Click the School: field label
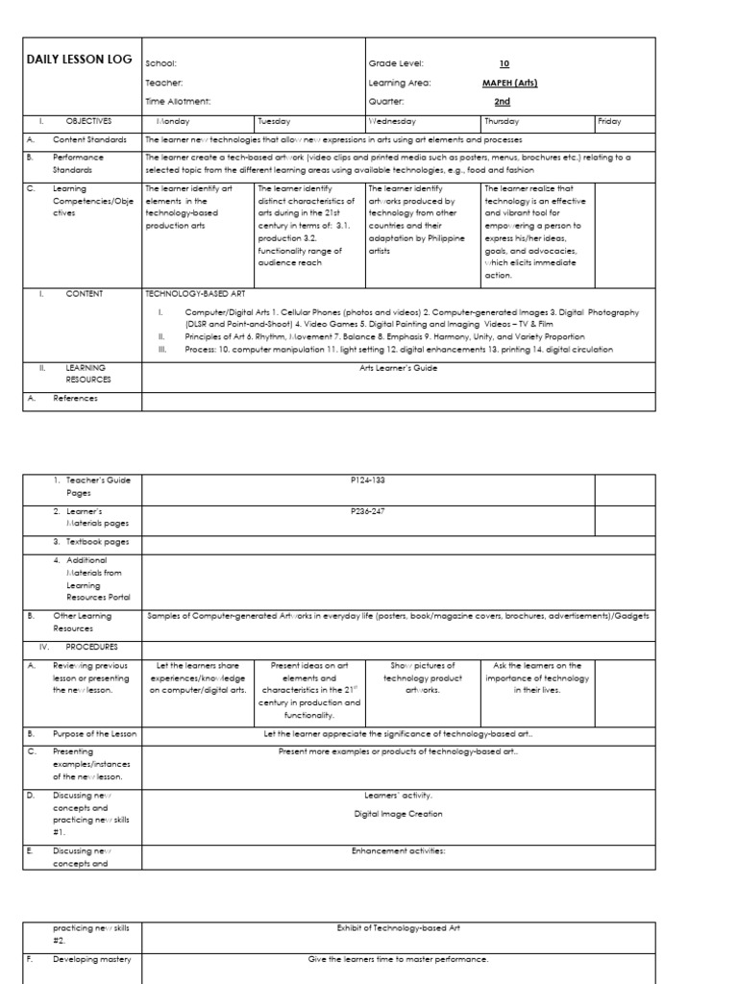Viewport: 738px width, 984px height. point(160,62)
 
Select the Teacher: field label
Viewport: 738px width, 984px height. point(163,83)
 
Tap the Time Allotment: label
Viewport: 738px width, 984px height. point(178,101)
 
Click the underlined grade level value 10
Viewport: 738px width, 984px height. point(503,62)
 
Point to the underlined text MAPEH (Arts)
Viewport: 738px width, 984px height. point(509,83)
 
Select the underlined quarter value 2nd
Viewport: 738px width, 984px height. point(502,101)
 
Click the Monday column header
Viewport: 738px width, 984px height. point(174,122)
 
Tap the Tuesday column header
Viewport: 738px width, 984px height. point(274,122)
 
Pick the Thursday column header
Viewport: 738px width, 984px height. point(503,122)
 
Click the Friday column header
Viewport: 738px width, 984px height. point(609,122)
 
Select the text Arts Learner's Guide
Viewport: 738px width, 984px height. point(399,367)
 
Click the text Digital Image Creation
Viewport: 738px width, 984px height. point(398,814)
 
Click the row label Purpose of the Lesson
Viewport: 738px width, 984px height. point(95,734)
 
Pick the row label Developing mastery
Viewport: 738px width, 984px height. point(91,960)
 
